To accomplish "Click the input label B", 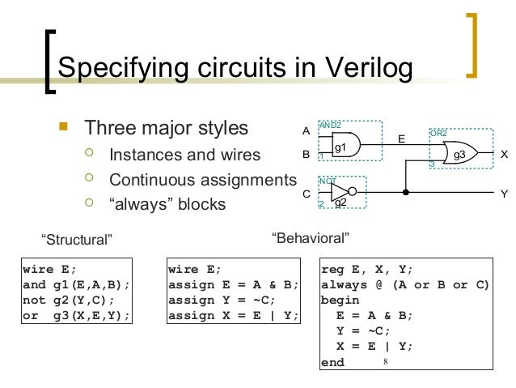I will (306, 152).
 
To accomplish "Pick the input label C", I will (306, 194).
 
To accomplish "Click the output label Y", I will (504, 194).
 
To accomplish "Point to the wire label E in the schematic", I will (400, 139).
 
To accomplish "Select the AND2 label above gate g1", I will (330, 126).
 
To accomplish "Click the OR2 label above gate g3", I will (438, 132).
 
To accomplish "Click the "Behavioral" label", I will (311, 238).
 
